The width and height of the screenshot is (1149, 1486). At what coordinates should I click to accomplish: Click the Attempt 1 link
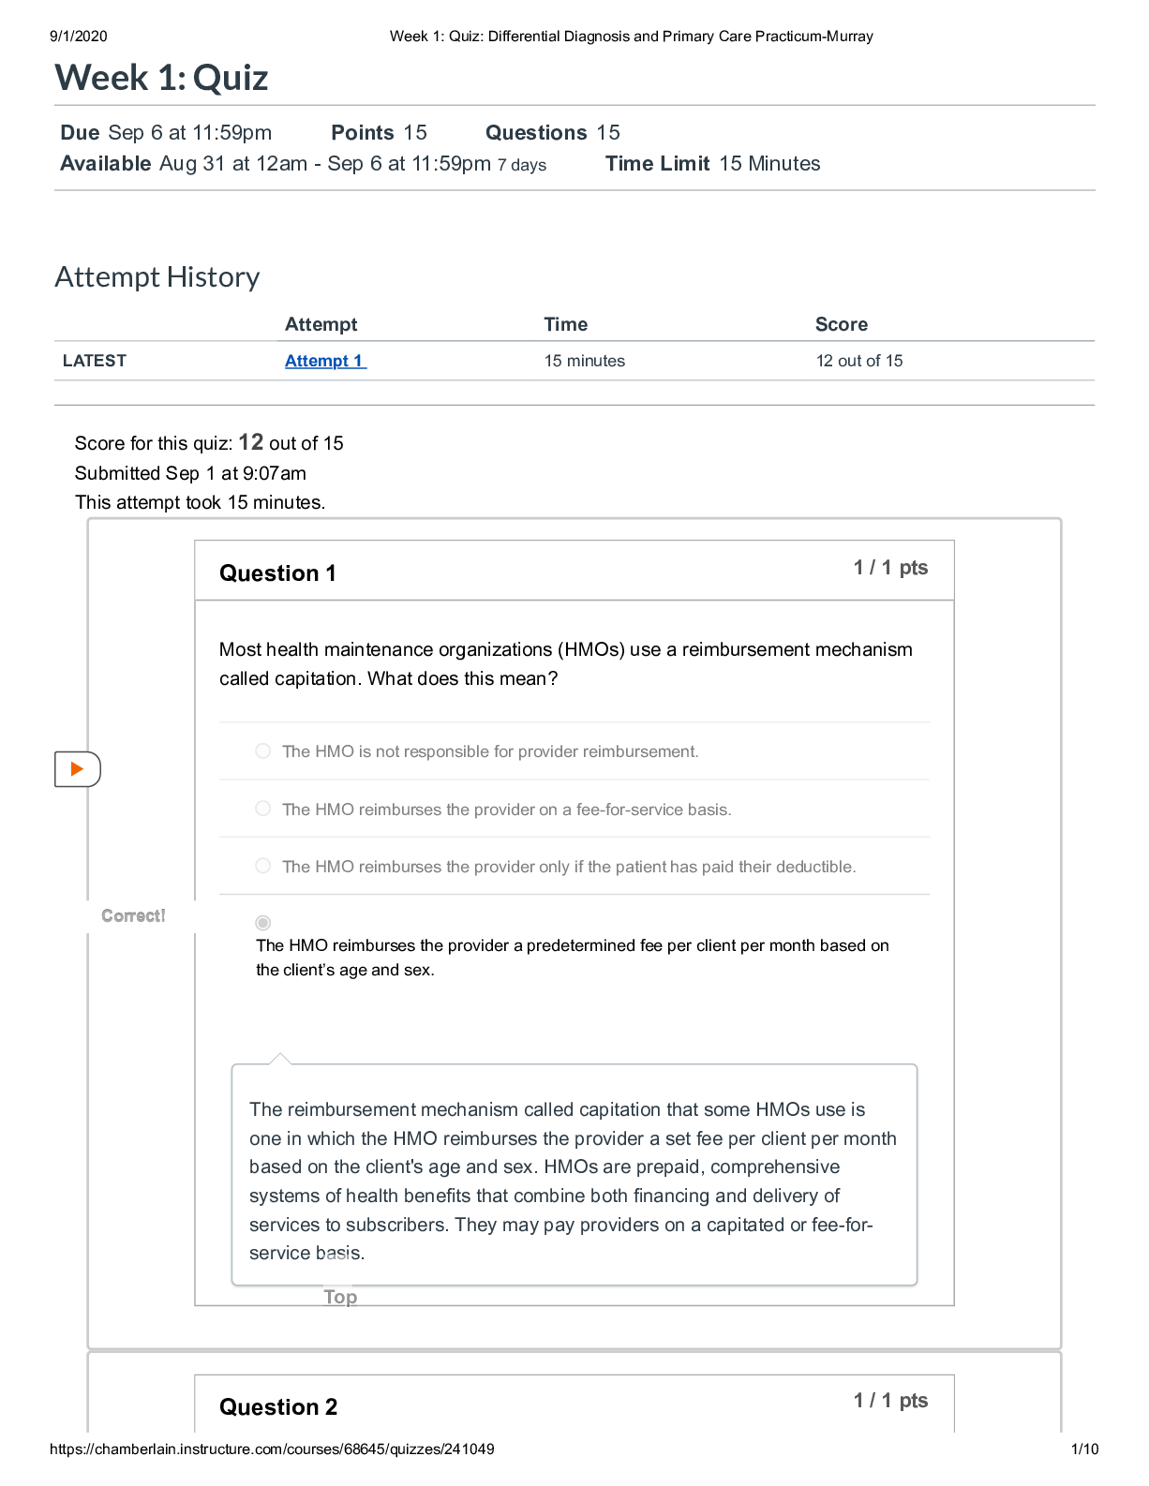(325, 361)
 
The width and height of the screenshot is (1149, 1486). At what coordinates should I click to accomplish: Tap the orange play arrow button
(77, 769)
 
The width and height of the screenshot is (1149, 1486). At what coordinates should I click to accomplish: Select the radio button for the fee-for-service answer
(263, 809)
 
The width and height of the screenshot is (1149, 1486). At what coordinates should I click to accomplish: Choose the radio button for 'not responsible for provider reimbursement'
(263, 750)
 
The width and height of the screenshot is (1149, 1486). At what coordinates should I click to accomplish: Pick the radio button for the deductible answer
(263, 866)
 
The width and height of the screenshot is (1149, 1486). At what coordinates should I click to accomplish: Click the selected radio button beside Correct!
(263, 923)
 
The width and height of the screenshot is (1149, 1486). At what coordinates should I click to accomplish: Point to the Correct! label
(133, 915)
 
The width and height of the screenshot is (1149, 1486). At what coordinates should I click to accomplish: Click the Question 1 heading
(277, 573)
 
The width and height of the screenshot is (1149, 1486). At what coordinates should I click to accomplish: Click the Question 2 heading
(278, 1406)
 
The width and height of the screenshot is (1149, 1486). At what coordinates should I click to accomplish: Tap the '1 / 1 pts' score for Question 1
(890, 567)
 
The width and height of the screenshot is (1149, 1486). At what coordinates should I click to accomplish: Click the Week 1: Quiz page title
(162, 78)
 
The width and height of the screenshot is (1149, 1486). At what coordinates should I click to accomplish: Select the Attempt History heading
(157, 276)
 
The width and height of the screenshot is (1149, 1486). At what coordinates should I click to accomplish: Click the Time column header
(566, 324)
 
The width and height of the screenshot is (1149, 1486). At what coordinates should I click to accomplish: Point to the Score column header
(842, 324)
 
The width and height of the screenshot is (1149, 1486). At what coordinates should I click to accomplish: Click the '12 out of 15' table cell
(859, 361)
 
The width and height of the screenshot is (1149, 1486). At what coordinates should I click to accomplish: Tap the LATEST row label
(95, 361)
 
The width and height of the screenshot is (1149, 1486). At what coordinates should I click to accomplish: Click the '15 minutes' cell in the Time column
(585, 361)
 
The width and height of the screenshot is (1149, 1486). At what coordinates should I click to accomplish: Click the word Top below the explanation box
(340, 1297)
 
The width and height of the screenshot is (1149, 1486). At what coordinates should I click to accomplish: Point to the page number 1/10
(1084, 1449)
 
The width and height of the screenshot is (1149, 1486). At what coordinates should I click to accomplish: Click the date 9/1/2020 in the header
(79, 37)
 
